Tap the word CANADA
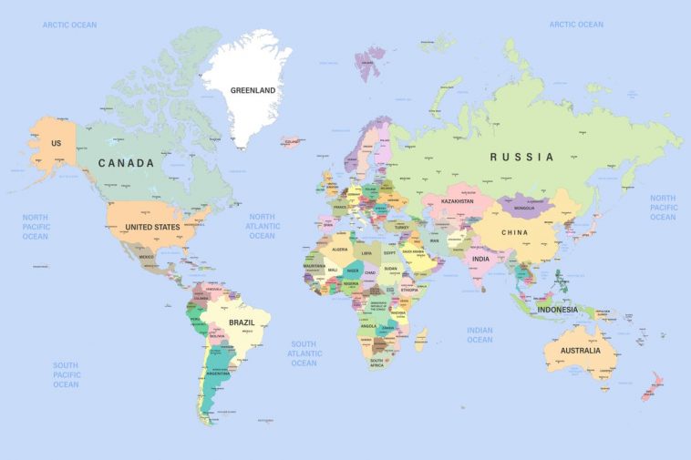coord(127,163)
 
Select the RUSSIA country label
coord(521,157)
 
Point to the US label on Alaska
coord(57,144)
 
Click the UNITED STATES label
coord(152,227)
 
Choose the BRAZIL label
coord(242,322)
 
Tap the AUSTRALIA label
coord(581,351)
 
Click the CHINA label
coord(514,232)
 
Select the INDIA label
coord(480,259)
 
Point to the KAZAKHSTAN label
coord(458,201)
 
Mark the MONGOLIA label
coord(524,208)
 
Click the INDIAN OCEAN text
coord(480,335)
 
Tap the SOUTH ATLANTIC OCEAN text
coord(304,353)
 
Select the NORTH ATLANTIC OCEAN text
coord(262,226)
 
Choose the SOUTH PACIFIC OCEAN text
coord(66,374)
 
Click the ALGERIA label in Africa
coord(340,249)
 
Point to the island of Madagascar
coord(420,340)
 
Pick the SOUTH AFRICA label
coord(376,362)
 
